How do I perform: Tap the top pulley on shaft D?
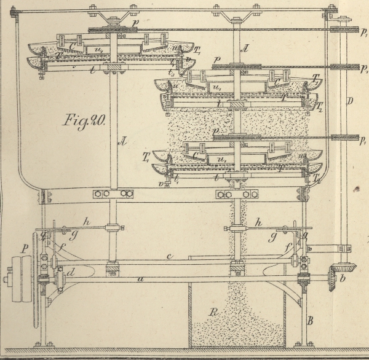[339, 29]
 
